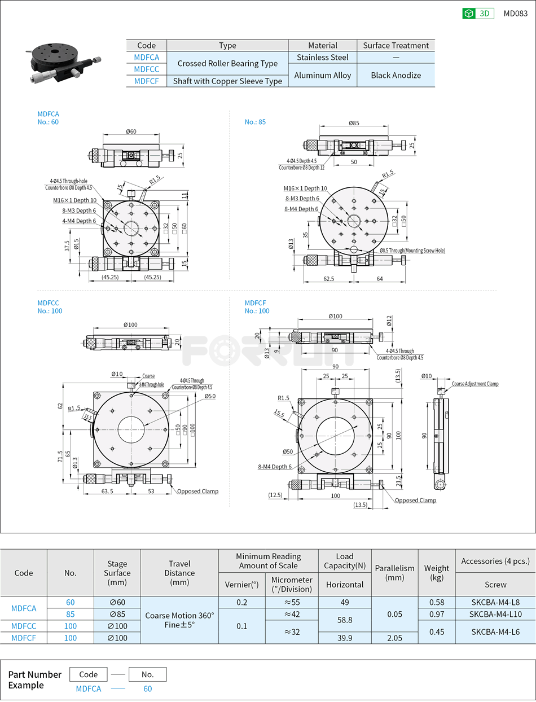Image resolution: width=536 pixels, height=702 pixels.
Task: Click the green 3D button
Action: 478,14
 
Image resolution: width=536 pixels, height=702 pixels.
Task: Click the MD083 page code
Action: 515,14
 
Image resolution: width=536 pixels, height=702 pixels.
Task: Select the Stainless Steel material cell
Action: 322,57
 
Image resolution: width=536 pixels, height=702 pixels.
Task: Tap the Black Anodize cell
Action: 396,75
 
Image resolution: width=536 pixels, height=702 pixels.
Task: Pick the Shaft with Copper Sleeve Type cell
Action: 227,81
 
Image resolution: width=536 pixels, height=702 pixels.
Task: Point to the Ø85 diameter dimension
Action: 354,122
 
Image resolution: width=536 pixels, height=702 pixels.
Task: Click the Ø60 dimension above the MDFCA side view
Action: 131,131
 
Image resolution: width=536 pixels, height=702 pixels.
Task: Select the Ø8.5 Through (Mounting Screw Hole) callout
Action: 412,250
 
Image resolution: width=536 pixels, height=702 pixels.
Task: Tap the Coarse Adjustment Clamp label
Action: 475,384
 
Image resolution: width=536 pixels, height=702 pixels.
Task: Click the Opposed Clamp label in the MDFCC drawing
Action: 197,491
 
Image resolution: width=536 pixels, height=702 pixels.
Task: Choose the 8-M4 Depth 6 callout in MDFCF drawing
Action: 275,467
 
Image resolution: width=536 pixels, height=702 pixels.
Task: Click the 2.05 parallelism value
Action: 394,638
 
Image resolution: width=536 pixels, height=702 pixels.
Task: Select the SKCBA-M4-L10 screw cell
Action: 495,614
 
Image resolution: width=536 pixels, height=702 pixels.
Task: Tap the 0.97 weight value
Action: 436,614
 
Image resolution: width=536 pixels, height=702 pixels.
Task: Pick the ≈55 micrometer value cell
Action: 291,602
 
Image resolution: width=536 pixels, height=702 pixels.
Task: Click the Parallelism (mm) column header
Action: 394,573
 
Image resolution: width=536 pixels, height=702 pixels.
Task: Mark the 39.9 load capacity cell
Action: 345,638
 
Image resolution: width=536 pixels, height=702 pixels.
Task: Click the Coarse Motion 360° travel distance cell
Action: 179,620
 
